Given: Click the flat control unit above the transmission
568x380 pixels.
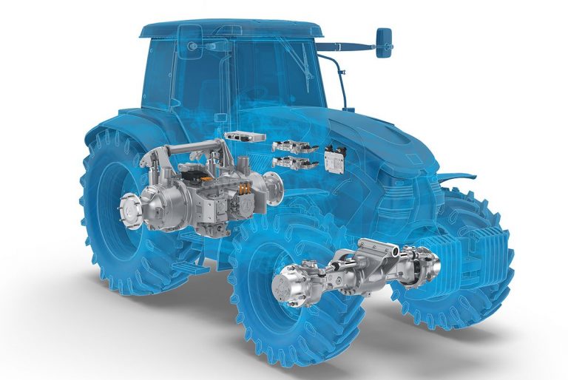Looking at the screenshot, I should pyautogui.click(x=243, y=138).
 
